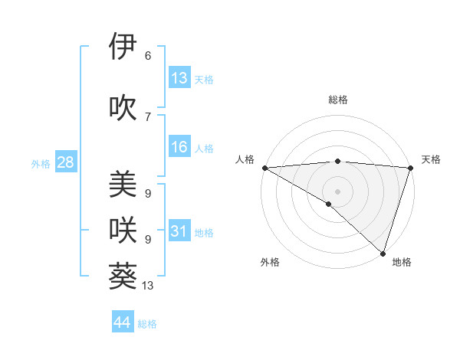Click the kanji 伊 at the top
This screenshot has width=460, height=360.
pos(123,47)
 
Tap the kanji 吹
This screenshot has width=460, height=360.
pos(123,107)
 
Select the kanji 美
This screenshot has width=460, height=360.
pos(123,185)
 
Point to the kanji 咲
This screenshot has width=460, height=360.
pos(123,229)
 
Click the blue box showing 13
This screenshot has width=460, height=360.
pos(179,78)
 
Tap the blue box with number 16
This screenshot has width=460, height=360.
pos(179,148)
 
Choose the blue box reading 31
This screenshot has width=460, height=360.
pos(179,232)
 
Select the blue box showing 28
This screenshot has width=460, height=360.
pos(65,162)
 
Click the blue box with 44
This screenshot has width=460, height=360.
pos(123,322)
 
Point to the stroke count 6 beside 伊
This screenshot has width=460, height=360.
pos(148,55)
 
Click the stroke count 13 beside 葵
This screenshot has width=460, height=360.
pos(148,286)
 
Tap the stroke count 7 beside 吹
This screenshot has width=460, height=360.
pos(148,116)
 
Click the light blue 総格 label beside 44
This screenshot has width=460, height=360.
pos(147,324)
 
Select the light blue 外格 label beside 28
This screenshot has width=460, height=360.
pos(41,163)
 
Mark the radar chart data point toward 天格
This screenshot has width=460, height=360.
pos(410,168)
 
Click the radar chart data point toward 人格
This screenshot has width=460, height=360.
pos(264,168)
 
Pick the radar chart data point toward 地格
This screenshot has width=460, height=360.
pos(383,253)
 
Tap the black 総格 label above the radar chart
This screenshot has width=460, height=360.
pos(338,100)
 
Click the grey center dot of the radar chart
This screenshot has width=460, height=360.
pos(337,191)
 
